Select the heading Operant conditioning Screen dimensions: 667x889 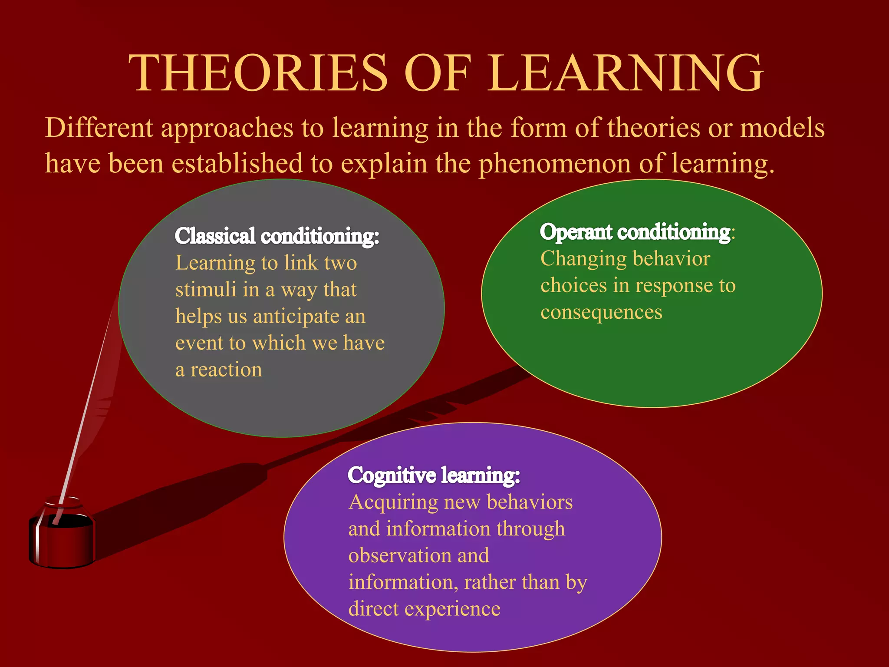click(x=635, y=232)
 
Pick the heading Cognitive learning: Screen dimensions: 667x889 click(x=434, y=475)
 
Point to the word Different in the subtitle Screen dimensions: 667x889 click(x=99, y=128)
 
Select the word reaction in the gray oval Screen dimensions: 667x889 click(x=226, y=370)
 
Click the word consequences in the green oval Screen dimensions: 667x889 click(x=601, y=312)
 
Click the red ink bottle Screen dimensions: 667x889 click(x=62, y=538)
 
